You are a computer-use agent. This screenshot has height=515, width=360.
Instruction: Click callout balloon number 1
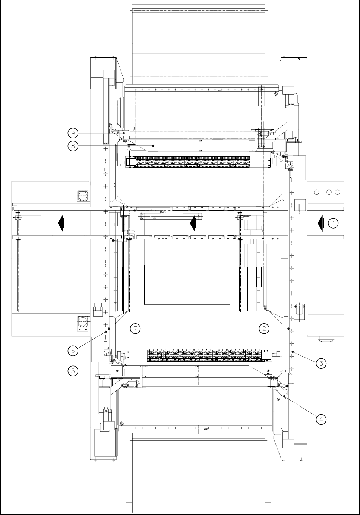click(x=333, y=223)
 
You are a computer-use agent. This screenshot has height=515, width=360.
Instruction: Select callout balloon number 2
click(x=264, y=328)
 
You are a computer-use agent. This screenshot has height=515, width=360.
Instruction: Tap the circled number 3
click(x=321, y=362)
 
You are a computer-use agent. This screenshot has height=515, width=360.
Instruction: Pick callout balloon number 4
click(x=321, y=419)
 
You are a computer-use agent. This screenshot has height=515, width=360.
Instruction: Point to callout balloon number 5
click(x=73, y=371)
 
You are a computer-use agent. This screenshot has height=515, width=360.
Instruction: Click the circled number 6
click(x=73, y=350)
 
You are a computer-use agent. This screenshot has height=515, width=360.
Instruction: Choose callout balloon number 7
click(x=135, y=328)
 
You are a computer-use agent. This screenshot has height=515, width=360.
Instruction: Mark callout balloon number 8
click(x=73, y=146)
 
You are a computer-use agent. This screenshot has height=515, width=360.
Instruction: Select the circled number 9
click(x=73, y=132)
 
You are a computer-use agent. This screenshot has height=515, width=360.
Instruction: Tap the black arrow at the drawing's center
click(x=193, y=223)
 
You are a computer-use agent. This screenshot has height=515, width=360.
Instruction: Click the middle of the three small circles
click(x=329, y=192)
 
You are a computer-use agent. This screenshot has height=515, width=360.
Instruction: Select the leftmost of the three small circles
click(x=317, y=192)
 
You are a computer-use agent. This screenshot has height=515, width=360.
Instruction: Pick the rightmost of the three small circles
click(x=337, y=192)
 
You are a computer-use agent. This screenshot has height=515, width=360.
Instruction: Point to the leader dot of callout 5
click(x=118, y=371)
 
